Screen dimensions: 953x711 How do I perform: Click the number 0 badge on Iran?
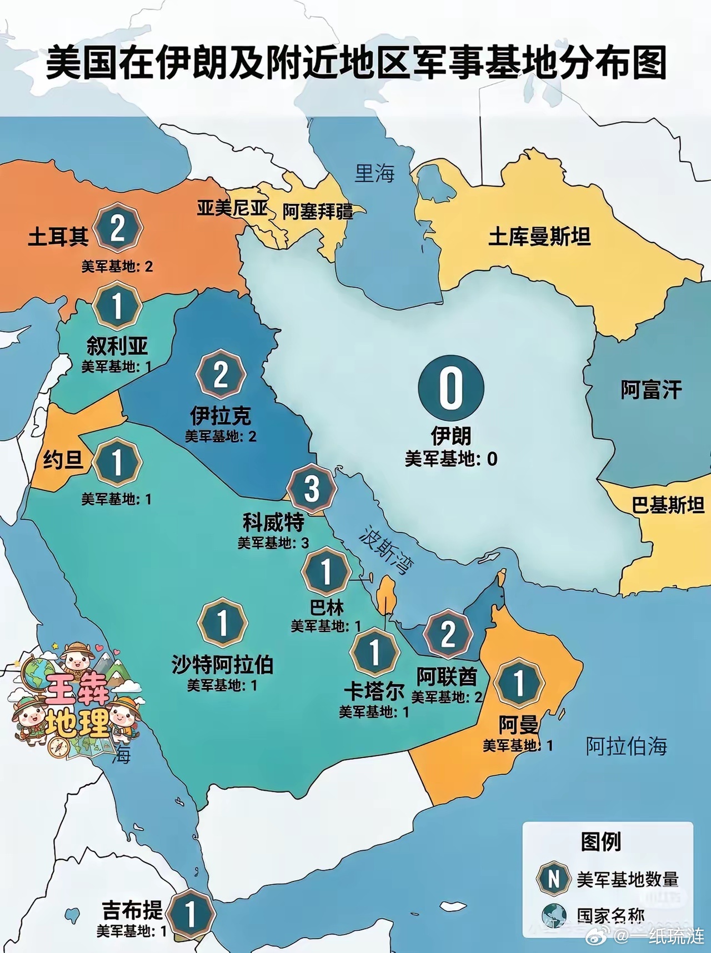coord(450,388)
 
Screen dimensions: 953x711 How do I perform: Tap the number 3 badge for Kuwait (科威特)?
coord(312,488)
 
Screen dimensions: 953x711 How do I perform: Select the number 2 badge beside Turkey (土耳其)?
coord(117,228)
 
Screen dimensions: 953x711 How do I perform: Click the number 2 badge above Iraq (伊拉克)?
coord(221,374)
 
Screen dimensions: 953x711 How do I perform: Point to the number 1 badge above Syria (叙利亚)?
coord(117,305)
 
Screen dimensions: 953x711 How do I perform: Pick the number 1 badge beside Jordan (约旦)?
coord(117,462)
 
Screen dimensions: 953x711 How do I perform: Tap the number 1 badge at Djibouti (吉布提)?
coord(191,914)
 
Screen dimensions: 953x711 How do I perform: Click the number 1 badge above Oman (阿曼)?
coord(519,683)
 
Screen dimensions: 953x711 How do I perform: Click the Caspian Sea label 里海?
coord(374,173)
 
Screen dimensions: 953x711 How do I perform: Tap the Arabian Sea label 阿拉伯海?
coord(626,746)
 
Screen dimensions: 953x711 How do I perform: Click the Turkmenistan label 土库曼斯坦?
coord(539,237)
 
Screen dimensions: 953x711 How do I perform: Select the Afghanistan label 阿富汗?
coord(651,389)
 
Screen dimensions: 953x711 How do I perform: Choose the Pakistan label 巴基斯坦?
coord(668,505)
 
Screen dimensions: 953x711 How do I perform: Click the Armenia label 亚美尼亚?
coord(232,208)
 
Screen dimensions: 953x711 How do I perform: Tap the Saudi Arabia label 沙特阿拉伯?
coord(222,664)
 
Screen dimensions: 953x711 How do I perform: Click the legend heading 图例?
coord(601,841)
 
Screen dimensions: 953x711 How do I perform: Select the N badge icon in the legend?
coord(553,879)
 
